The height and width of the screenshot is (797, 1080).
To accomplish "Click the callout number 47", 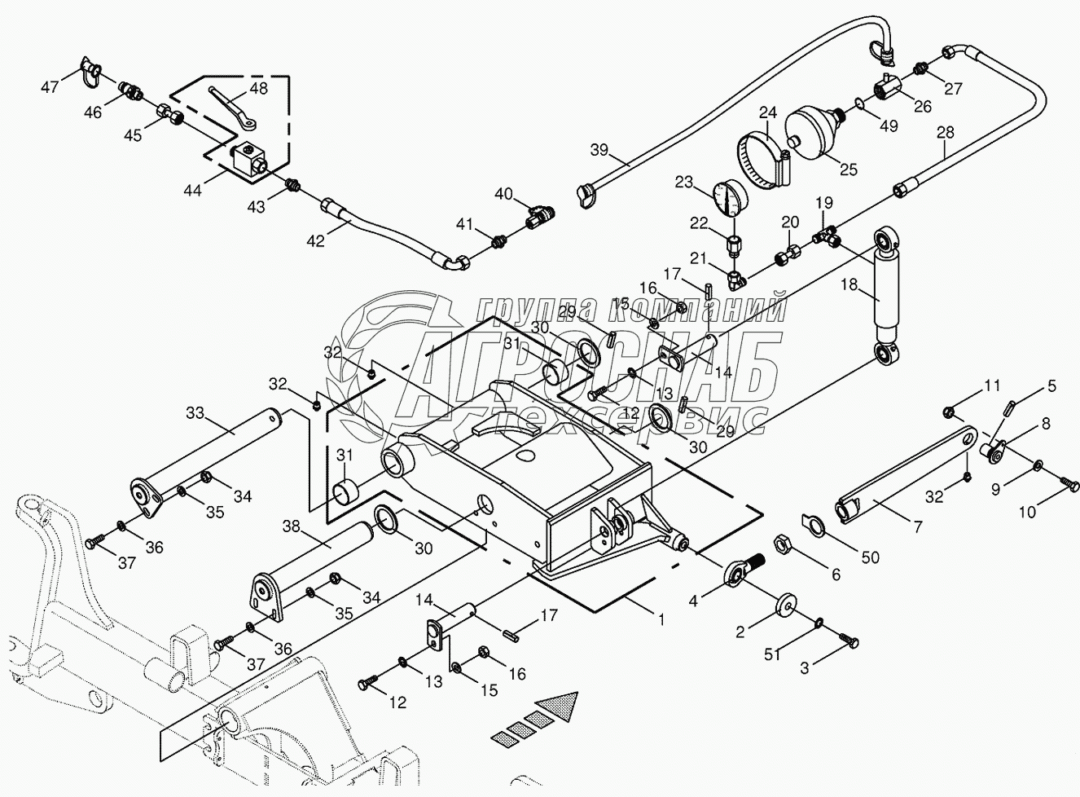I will (50, 86).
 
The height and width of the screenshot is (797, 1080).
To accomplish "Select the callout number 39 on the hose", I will (599, 149).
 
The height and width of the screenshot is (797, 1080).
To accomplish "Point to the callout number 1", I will (661, 619).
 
